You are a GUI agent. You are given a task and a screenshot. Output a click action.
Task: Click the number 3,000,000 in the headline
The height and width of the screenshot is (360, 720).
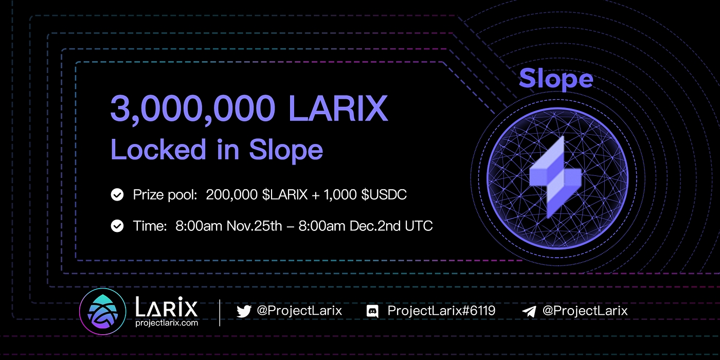(193, 109)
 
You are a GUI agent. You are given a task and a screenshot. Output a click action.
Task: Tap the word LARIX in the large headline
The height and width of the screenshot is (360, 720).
(338, 109)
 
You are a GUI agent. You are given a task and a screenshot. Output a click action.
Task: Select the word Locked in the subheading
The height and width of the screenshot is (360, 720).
(158, 149)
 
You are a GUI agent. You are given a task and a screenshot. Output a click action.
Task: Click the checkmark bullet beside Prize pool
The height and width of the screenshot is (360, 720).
(117, 194)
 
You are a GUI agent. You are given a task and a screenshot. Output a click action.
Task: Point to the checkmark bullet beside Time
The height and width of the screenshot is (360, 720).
(117, 226)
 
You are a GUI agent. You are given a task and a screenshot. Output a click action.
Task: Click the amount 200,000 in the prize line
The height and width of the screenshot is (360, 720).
(231, 195)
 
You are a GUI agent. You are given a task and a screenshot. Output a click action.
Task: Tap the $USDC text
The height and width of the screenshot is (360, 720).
(384, 195)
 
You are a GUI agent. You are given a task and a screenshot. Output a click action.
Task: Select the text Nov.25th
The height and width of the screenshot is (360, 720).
(254, 226)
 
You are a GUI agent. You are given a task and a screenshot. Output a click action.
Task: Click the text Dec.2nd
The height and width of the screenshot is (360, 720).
(375, 226)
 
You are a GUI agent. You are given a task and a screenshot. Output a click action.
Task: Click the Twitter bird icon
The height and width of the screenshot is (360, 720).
(244, 311)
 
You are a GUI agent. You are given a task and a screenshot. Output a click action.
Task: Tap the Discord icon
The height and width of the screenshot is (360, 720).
(372, 311)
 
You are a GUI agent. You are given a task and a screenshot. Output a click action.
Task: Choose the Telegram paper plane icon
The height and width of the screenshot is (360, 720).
(529, 311)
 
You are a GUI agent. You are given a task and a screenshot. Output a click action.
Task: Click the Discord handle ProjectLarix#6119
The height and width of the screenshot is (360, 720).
(441, 311)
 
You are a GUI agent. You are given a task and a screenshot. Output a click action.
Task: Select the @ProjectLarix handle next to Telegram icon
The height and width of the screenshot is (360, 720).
(585, 311)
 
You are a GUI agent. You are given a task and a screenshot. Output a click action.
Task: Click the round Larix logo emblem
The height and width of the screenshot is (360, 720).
(102, 312)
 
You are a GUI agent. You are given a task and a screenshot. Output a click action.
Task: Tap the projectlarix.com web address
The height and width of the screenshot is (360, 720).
(167, 323)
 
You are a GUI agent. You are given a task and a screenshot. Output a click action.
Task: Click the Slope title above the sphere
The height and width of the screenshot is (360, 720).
(556, 79)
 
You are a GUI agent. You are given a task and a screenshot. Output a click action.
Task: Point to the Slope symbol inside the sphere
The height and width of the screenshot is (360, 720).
(555, 177)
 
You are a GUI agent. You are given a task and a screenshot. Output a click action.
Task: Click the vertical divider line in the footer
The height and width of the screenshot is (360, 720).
(220, 313)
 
